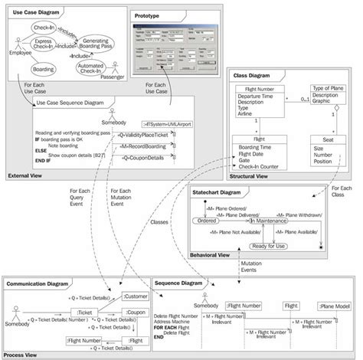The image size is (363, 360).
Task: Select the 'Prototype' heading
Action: [x=147, y=16]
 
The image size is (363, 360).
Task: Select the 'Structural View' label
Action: [x=249, y=176]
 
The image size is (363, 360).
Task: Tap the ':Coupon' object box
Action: [x=136, y=312]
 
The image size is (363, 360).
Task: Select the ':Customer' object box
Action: [x=135, y=295]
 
